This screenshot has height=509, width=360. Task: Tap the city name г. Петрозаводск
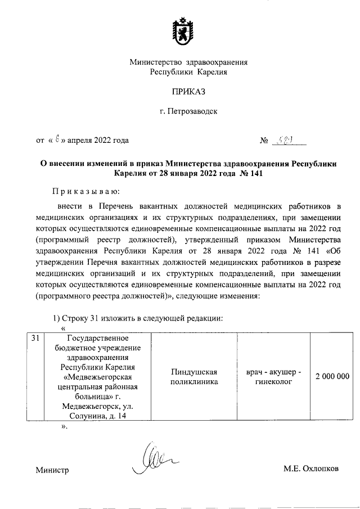(188, 111)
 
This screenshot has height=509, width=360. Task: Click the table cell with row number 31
(35, 338)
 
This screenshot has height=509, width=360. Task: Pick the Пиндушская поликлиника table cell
(194, 377)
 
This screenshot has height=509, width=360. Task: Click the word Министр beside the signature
(52, 470)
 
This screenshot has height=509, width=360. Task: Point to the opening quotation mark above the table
(63, 327)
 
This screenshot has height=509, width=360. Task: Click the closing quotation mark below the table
(64, 427)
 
